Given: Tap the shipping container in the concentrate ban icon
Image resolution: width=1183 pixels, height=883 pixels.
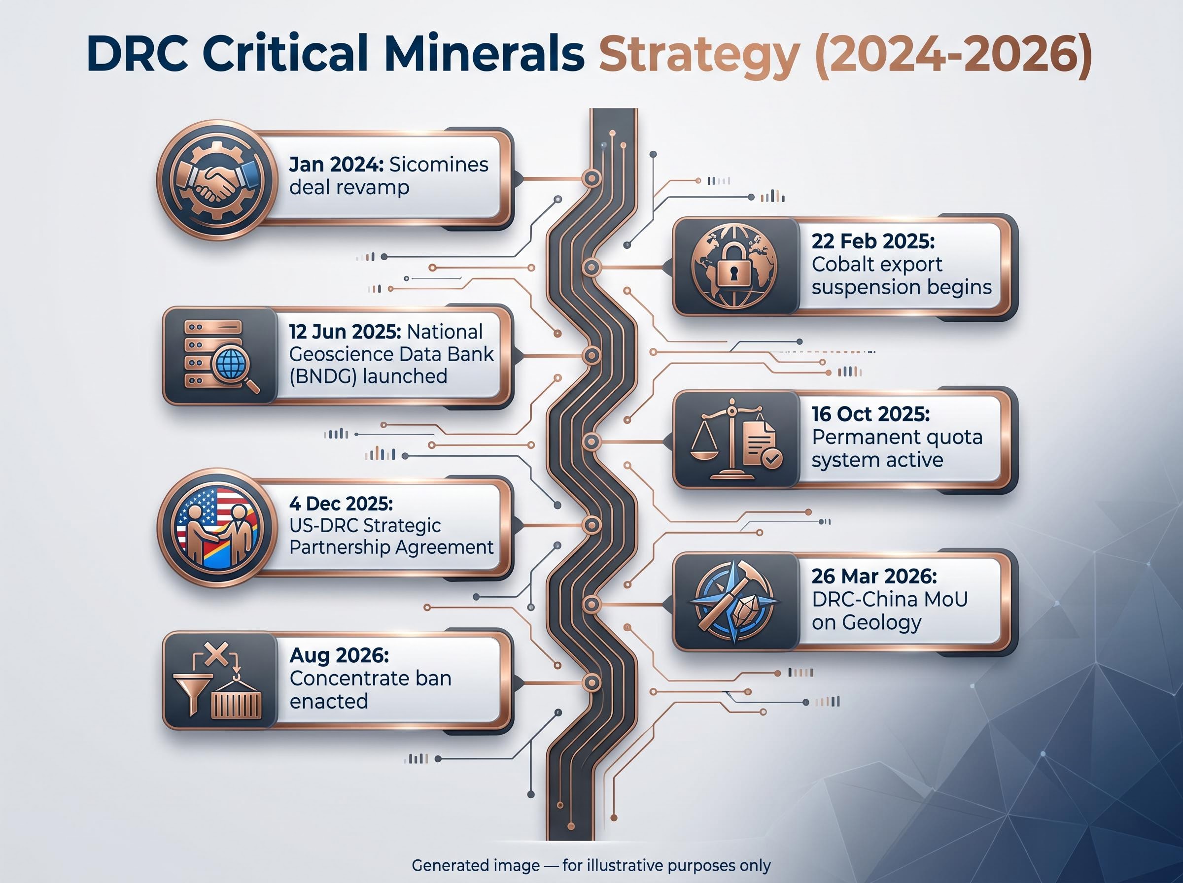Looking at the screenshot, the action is (236, 705).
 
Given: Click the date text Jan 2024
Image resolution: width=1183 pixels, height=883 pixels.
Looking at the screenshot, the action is (336, 165).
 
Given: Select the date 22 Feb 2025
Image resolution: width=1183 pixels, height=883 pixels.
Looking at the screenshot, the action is (873, 241).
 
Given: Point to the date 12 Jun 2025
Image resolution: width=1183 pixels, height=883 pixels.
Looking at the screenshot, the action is (345, 332).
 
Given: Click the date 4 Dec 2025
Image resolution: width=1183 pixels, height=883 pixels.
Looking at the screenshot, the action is (341, 504).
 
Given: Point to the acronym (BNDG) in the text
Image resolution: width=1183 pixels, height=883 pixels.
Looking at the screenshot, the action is (323, 377).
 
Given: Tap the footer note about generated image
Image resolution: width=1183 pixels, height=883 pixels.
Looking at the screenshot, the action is (591, 865).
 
